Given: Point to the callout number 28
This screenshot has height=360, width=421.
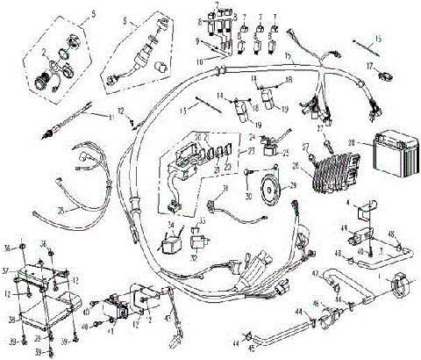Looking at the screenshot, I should coord(351,142).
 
